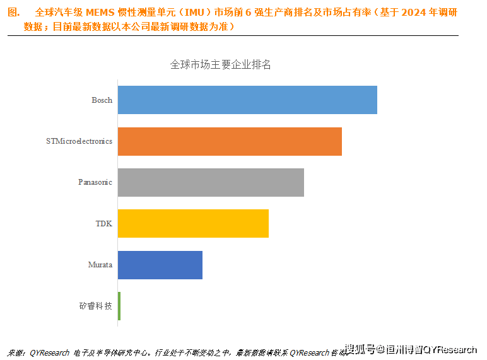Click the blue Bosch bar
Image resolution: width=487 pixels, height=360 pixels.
coord(247,100)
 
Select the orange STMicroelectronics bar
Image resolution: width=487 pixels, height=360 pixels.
coord(230,141)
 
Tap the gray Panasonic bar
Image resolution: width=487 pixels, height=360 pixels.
coord(211,182)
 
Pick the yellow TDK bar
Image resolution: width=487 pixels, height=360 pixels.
coord(193,224)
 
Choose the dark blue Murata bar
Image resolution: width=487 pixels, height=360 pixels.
coord(160,265)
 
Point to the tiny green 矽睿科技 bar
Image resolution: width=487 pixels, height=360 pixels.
coord(119,306)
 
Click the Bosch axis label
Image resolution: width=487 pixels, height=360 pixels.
coord(102,100)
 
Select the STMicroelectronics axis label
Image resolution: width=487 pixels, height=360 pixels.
coord(79,141)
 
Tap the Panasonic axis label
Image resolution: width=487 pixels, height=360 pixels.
coord(95,182)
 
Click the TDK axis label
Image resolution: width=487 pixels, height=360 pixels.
coord(103,224)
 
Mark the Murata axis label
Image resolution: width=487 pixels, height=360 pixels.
coord(100,265)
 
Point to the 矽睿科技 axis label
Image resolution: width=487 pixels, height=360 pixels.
coord(96,306)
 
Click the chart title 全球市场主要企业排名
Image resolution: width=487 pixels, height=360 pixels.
coord(221,64)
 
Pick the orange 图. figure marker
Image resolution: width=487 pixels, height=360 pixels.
coord(13,13)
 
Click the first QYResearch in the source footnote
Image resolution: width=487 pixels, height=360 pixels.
coord(49,352)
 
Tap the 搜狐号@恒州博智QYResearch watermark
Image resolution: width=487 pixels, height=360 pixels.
coord(411,349)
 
